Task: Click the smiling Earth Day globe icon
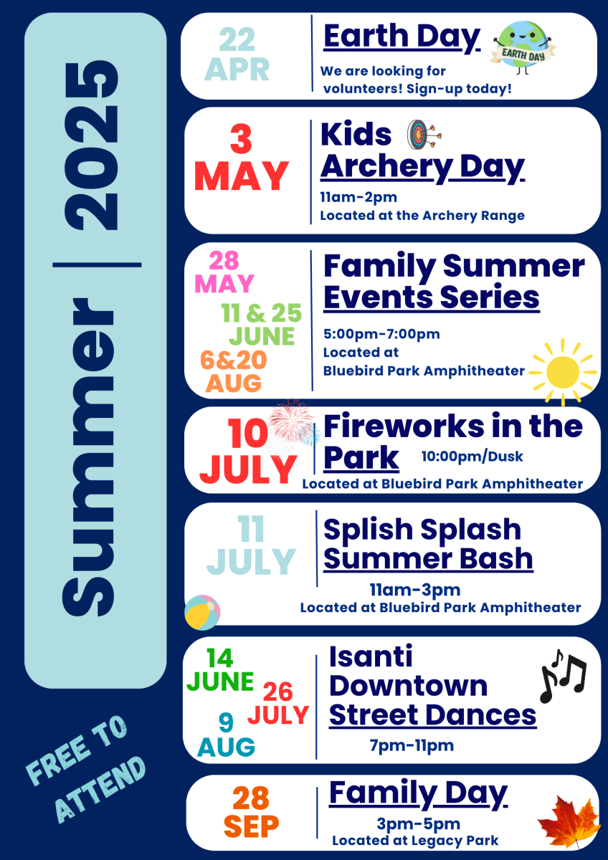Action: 523,47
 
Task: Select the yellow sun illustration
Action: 563,372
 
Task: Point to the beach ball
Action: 202,612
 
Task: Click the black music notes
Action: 563,677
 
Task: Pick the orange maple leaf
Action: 569,821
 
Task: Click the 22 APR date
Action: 237,54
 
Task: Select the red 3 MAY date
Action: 241,158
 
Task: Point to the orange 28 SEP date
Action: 251,811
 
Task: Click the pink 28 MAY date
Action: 224,272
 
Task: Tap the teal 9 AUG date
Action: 226,735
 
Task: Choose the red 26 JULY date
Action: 278,702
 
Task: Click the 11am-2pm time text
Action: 358,197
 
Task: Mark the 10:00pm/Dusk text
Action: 472,456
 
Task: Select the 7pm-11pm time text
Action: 412,745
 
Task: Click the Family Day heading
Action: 419,793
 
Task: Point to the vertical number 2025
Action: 91,145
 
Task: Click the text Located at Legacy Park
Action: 415,840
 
